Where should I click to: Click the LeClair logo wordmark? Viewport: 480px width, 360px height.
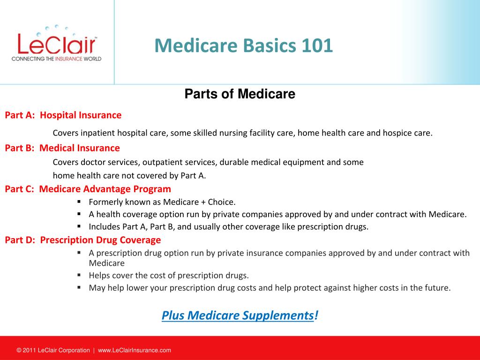point(57,44)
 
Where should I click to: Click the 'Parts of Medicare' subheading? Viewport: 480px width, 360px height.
point(240,94)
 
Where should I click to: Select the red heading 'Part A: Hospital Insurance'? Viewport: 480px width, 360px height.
point(63,115)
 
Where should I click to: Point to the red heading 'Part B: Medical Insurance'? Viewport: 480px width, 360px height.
point(62,148)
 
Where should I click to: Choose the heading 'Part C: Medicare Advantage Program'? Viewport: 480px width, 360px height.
point(88,189)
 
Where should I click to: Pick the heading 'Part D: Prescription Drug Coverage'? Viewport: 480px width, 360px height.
point(82,240)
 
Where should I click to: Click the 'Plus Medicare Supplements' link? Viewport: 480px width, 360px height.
point(238,315)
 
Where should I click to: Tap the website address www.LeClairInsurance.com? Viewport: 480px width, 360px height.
point(135,350)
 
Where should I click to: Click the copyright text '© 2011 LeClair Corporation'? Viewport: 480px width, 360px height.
point(53,350)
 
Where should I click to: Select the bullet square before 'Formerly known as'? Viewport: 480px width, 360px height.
point(79,202)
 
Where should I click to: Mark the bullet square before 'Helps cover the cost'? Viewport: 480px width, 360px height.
point(79,275)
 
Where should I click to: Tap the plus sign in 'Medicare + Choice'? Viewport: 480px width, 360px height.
point(203,202)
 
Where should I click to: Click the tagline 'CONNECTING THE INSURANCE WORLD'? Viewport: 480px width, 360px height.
point(56,59)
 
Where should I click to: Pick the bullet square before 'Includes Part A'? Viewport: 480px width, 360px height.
point(79,226)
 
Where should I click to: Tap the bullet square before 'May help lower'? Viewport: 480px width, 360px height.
point(79,287)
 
